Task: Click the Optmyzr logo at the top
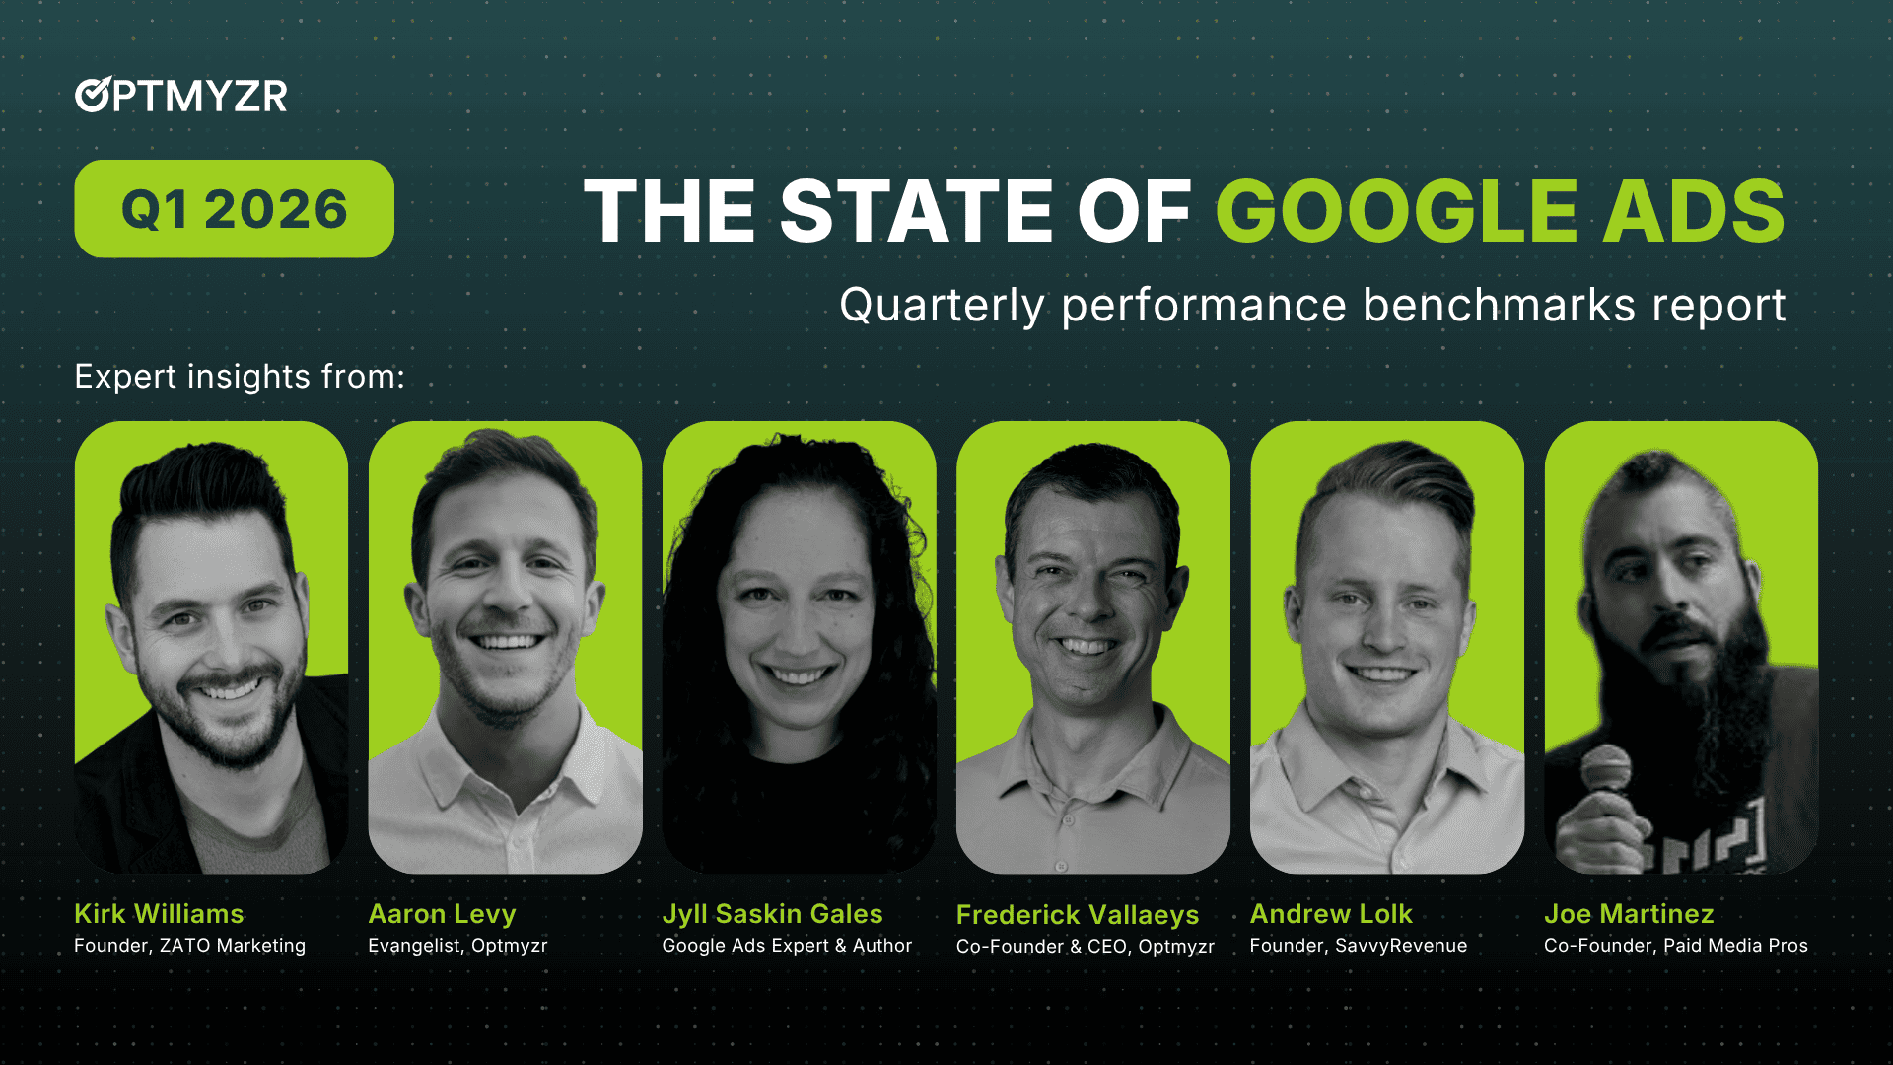coord(181,96)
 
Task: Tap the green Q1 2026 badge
coord(234,209)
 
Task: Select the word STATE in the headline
coord(917,211)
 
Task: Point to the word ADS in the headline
coord(1694,211)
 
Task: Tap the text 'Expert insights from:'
coord(240,377)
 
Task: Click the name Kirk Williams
coord(159,914)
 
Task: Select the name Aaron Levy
coord(442,914)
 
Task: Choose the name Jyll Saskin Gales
coord(772,914)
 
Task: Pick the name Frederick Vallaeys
coord(1077,915)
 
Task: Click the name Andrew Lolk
coord(1331,914)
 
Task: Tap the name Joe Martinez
coord(1629,914)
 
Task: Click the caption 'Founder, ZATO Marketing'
coord(189,946)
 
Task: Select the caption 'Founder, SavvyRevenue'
coord(1358,946)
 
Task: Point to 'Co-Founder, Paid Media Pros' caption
coord(1675,946)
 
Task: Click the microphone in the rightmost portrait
coord(1606,770)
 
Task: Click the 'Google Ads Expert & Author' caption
coord(787,946)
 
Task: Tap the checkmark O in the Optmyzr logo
coord(93,95)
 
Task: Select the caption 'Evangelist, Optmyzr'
coord(457,946)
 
